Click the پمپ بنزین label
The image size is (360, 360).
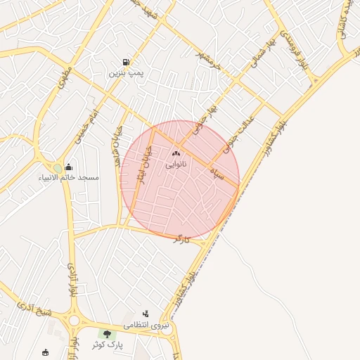(x=127, y=72)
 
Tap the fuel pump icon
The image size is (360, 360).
(x=126, y=62)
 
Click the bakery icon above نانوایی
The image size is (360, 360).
(x=176, y=153)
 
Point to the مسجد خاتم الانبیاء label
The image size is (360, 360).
(x=69, y=177)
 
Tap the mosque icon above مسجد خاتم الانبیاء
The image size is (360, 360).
(x=68, y=167)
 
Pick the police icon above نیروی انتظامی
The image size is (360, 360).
(x=146, y=314)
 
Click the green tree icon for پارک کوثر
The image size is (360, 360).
(x=107, y=334)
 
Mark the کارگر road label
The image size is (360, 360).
(x=182, y=239)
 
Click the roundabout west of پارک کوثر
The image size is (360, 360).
(x=74, y=320)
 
